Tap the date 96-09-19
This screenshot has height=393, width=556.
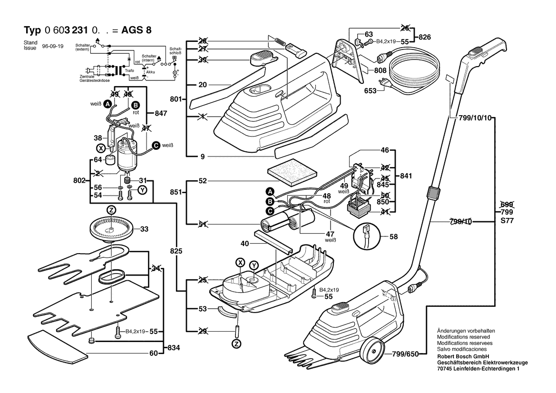pyautogui.click(x=53, y=47)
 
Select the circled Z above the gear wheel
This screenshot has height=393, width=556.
pyautogui.click(x=111, y=210)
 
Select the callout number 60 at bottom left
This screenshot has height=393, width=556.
pyautogui.click(x=154, y=353)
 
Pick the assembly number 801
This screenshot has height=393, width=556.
pyautogui.click(x=176, y=100)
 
